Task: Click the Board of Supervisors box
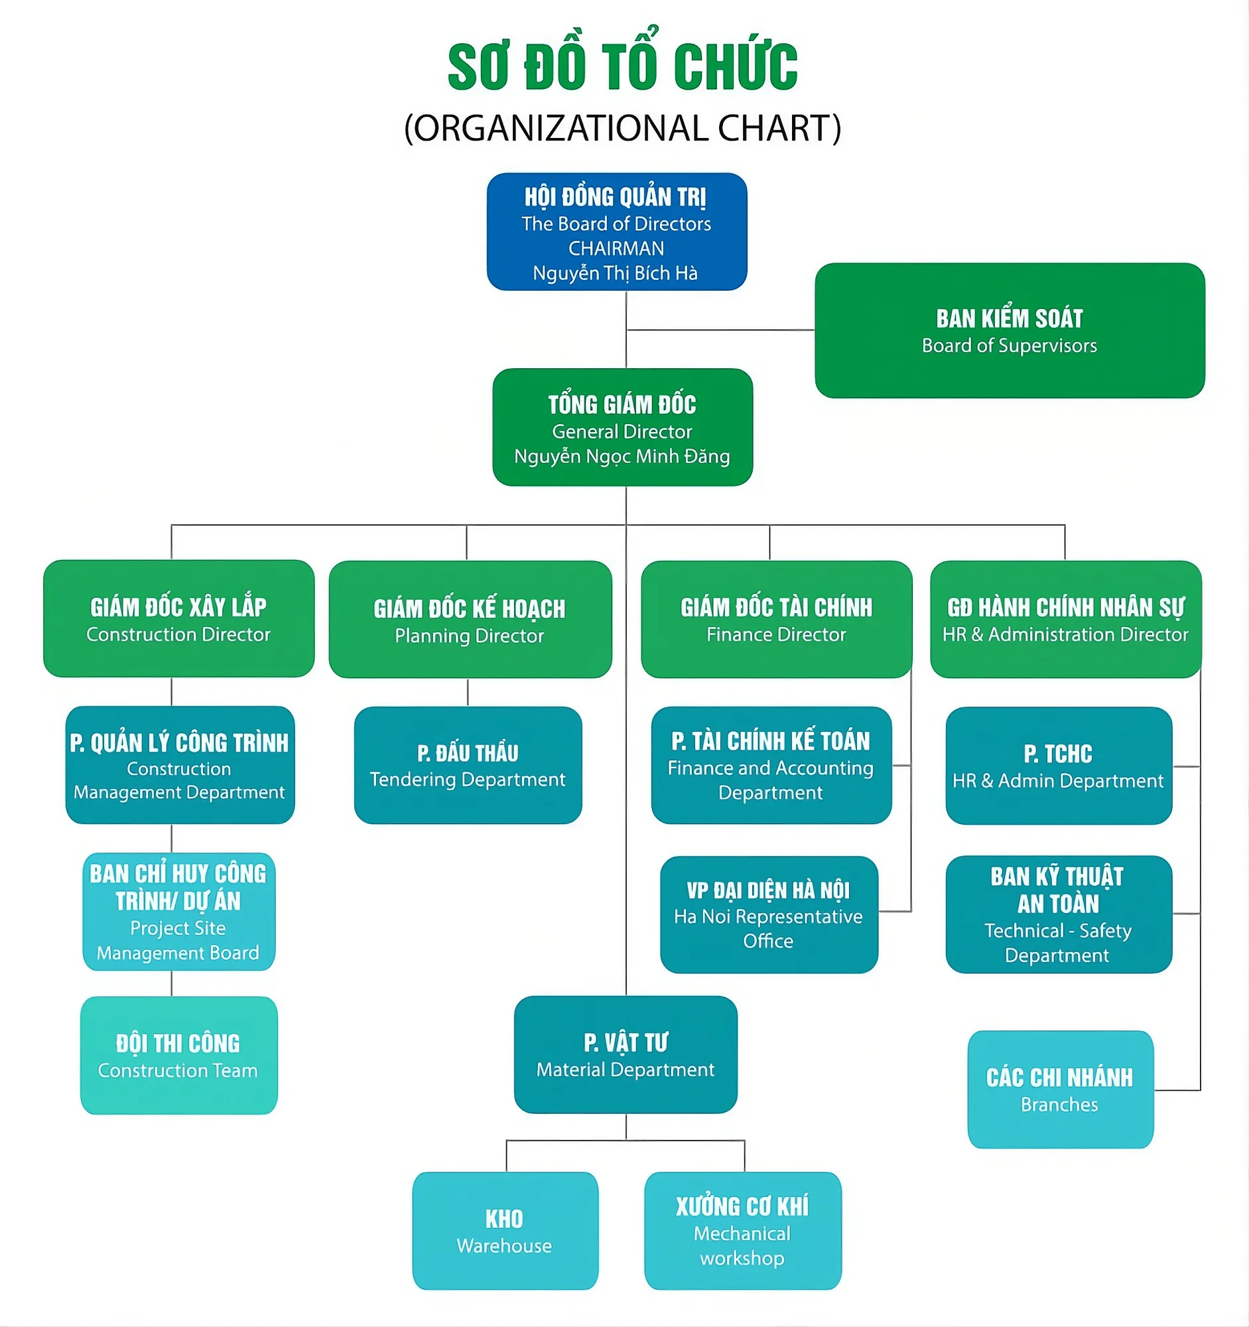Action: tap(1009, 330)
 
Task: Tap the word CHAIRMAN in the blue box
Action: tap(616, 248)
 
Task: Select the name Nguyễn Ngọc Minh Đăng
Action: tap(622, 456)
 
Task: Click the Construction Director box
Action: tap(178, 619)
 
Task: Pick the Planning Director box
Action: tap(470, 620)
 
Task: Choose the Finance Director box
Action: tap(776, 620)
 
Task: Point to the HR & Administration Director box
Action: tap(1065, 620)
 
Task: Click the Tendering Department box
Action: tap(468, 765)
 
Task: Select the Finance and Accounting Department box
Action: tap(771, 765)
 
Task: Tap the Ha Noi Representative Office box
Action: tap(769, 914)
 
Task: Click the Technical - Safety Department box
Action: tap(1058, 914)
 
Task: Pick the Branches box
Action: tap(1059, 1089)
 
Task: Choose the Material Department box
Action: tap(625, 1055)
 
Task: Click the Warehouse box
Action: tap(505, 1231)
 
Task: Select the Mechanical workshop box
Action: tap(742, 1231)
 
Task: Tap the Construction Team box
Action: tap(178, 1056)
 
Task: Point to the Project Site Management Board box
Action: tap(178, 912)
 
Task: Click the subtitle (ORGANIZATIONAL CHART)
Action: tap(622, 128)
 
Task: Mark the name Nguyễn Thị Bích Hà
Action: tap(615, 273)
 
